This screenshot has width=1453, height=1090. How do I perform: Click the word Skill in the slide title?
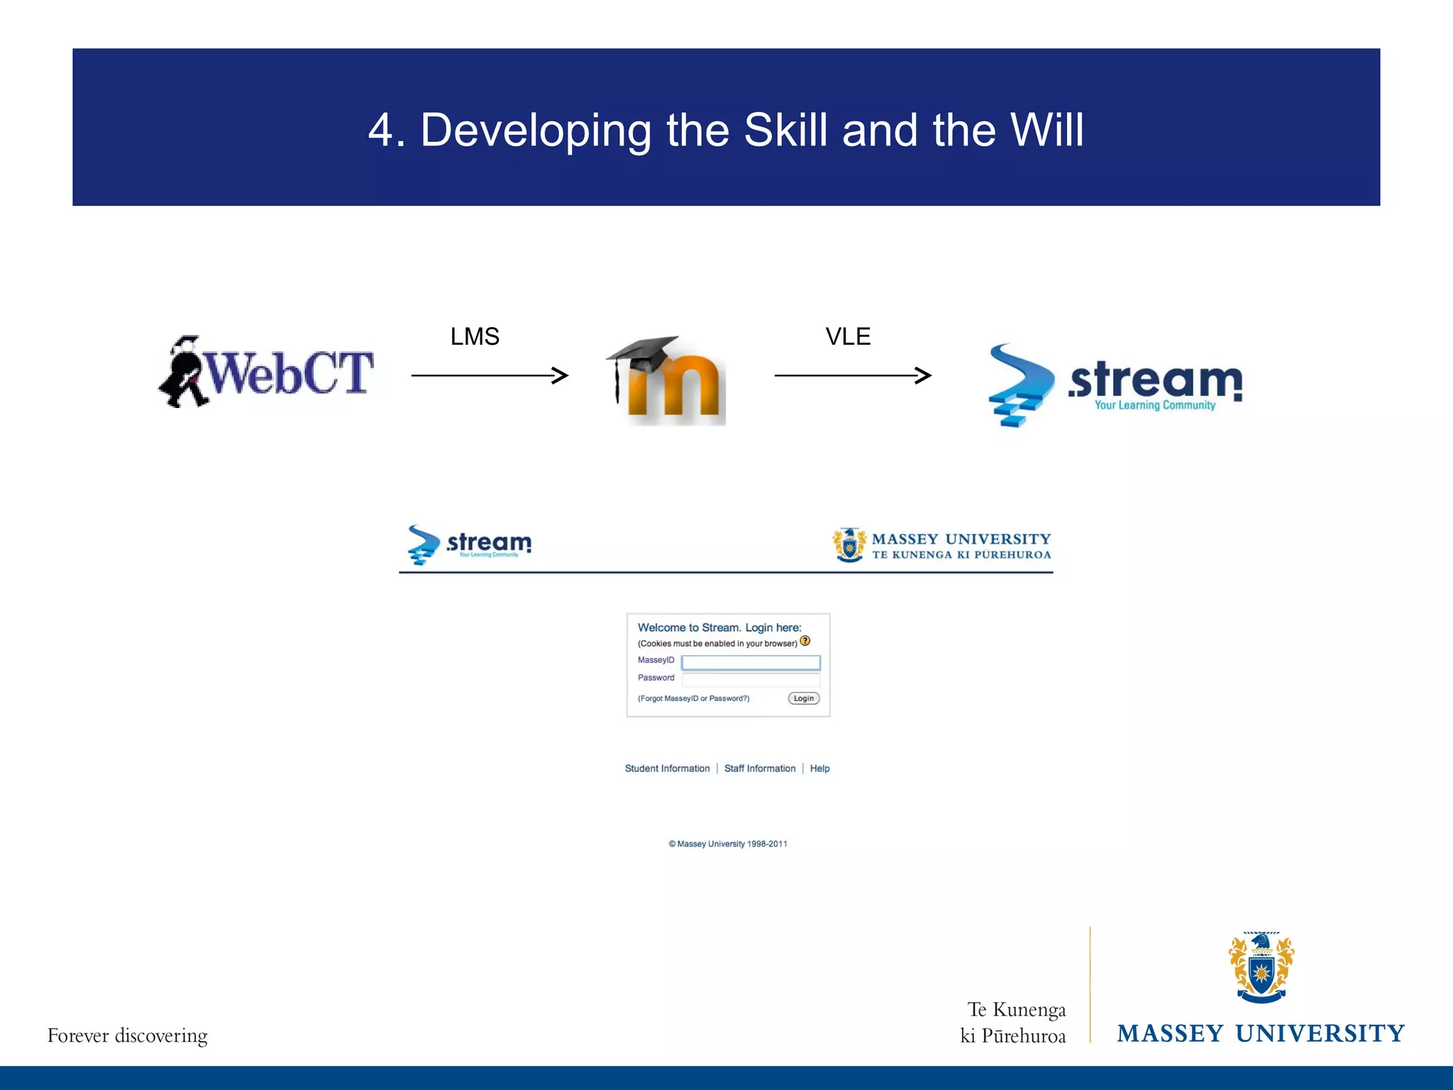pyautogui.click(x=785, y=131)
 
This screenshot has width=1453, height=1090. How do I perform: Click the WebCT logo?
pyautogui.click(x=266, y=373)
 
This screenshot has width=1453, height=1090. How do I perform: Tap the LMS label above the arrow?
pyautogui.click(x=475, y=336)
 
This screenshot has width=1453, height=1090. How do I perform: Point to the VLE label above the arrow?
pyautogui.click(x=848, y=336)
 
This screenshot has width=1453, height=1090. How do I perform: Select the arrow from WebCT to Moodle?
pyautogui.click(x=490, y=375)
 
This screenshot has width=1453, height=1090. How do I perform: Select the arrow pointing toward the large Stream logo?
pyautogui.click(x=853, y=375)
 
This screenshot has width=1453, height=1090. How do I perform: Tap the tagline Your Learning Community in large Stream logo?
pyautogui.click(x=1154, y=405)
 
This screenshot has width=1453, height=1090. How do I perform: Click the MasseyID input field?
pyautogui.click(x=751, y=662)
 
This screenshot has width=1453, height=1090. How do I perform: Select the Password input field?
pyautogui.click(x=751, y=679)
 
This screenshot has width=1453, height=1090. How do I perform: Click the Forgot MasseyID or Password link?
pyautogui.click(x=693, y=698)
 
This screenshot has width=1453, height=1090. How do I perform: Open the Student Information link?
pyautogui.click(x=667, y=769)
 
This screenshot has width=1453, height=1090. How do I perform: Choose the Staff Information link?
pyautogui.click(x=760, y=769)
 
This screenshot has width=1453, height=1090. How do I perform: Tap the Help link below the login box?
pyautogui.click(x=819, y=769)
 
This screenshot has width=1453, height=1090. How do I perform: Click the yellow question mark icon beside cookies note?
pyautogui.click(x=805, y=641)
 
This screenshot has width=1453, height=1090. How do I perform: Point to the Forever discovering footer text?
pyautogui.click(x=128, y=1035)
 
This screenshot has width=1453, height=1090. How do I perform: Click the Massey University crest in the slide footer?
pyautogui.click(x=1261, y=967)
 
